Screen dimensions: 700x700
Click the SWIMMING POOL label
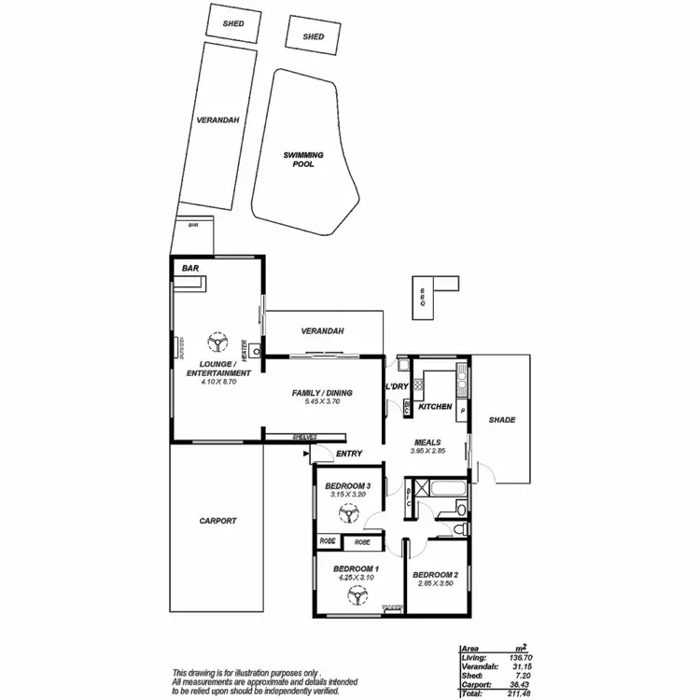[x=303, y=159]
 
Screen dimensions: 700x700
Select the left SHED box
[x=233, y=23]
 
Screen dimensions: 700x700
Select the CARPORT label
[x=218, y=522]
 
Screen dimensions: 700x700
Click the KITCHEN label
[x=435, y=407]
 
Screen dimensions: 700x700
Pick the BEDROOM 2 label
[x=434, y=574]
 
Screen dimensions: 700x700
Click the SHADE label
[x=502, y=420]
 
